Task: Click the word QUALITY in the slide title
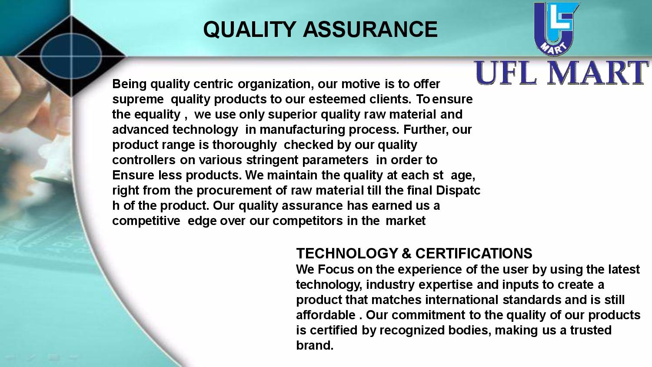click(x=250, y=30)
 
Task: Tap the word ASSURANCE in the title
click(x=370, y=30)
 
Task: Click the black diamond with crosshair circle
click(x=71, y=56)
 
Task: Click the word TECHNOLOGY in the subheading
click(x=347, y=253)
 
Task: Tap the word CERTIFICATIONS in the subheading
click(x=474, y=253)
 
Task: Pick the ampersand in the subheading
click(x=406, y=253)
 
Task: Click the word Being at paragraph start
click(x=130, y=84)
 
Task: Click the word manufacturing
click(x=303, y=130)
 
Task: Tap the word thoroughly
click(x=244, y=145)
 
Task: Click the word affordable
click(x=326, y=315)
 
